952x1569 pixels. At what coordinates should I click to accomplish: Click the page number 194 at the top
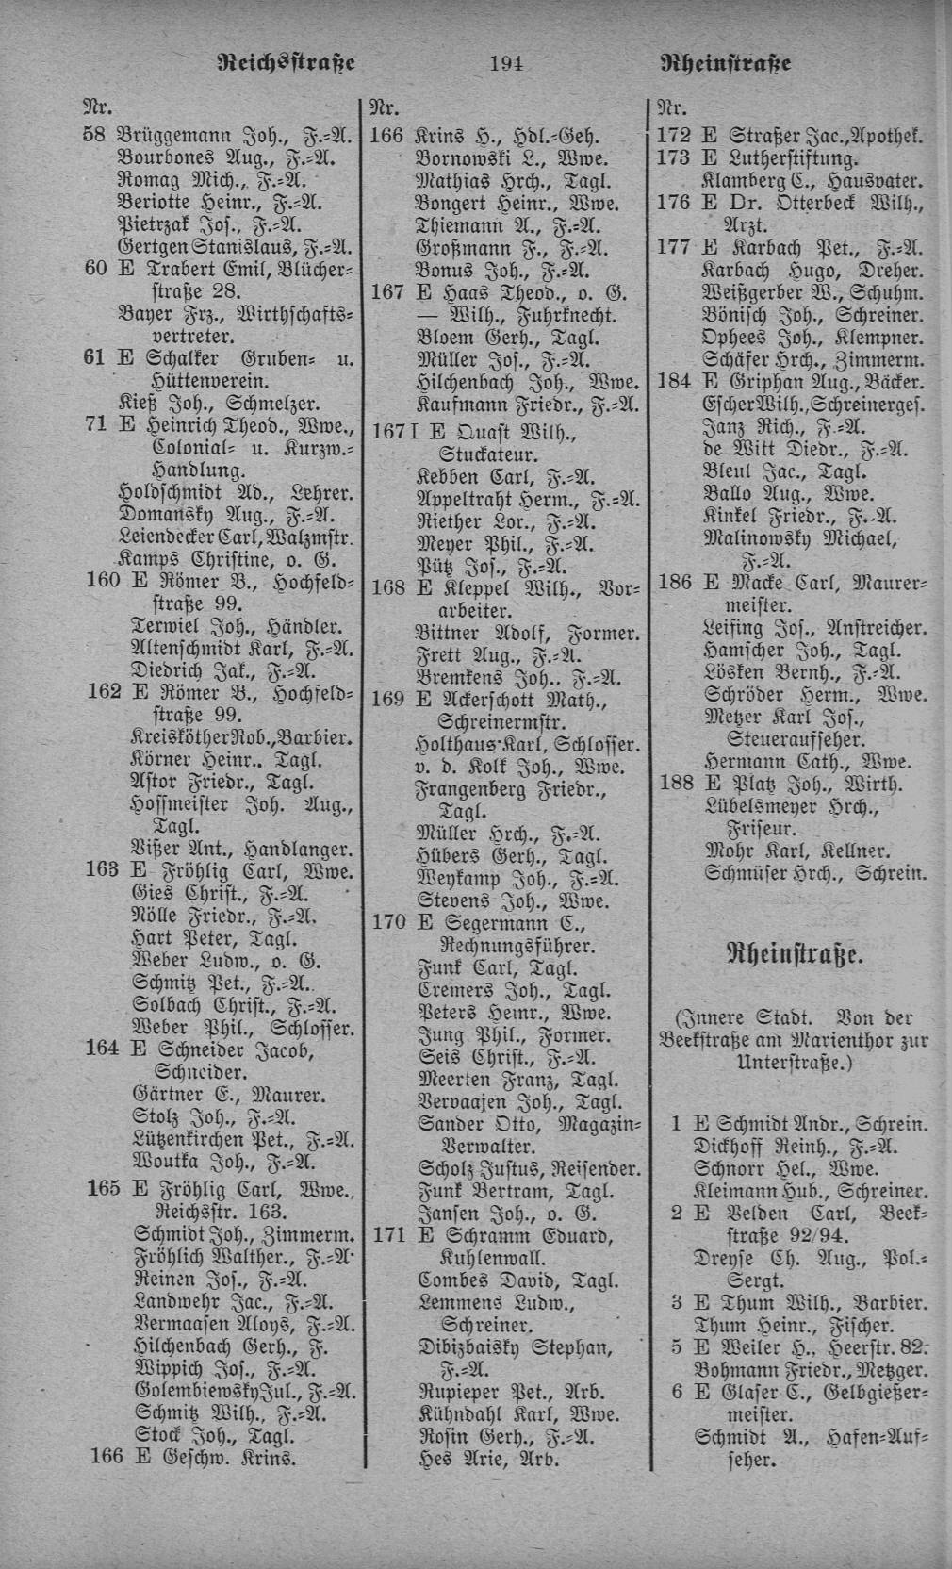[506, 64]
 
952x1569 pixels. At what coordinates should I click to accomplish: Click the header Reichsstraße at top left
[286, 63]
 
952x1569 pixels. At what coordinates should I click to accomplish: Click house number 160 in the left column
[103, 579]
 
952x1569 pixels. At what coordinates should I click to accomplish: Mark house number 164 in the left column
[103, 1049]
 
